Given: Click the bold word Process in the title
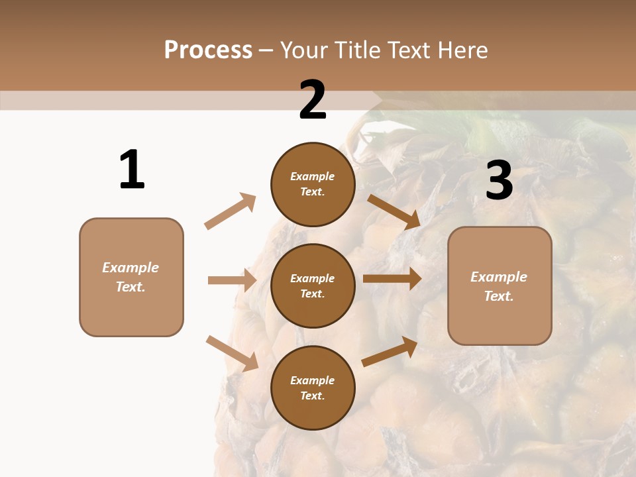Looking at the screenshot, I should [x=208, y=50].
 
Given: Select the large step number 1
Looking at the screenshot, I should [x=132, y=170].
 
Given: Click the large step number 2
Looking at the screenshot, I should [x=313, y=100].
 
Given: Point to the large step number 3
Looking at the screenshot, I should [x=499, y=181].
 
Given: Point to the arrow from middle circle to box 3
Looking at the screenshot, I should [x=392, y=279].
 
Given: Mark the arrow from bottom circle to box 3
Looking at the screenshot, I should [x=390, y=351].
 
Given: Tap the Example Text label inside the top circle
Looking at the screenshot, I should [x=313, y=184].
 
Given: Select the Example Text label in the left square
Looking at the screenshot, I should [x=131, y=277].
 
